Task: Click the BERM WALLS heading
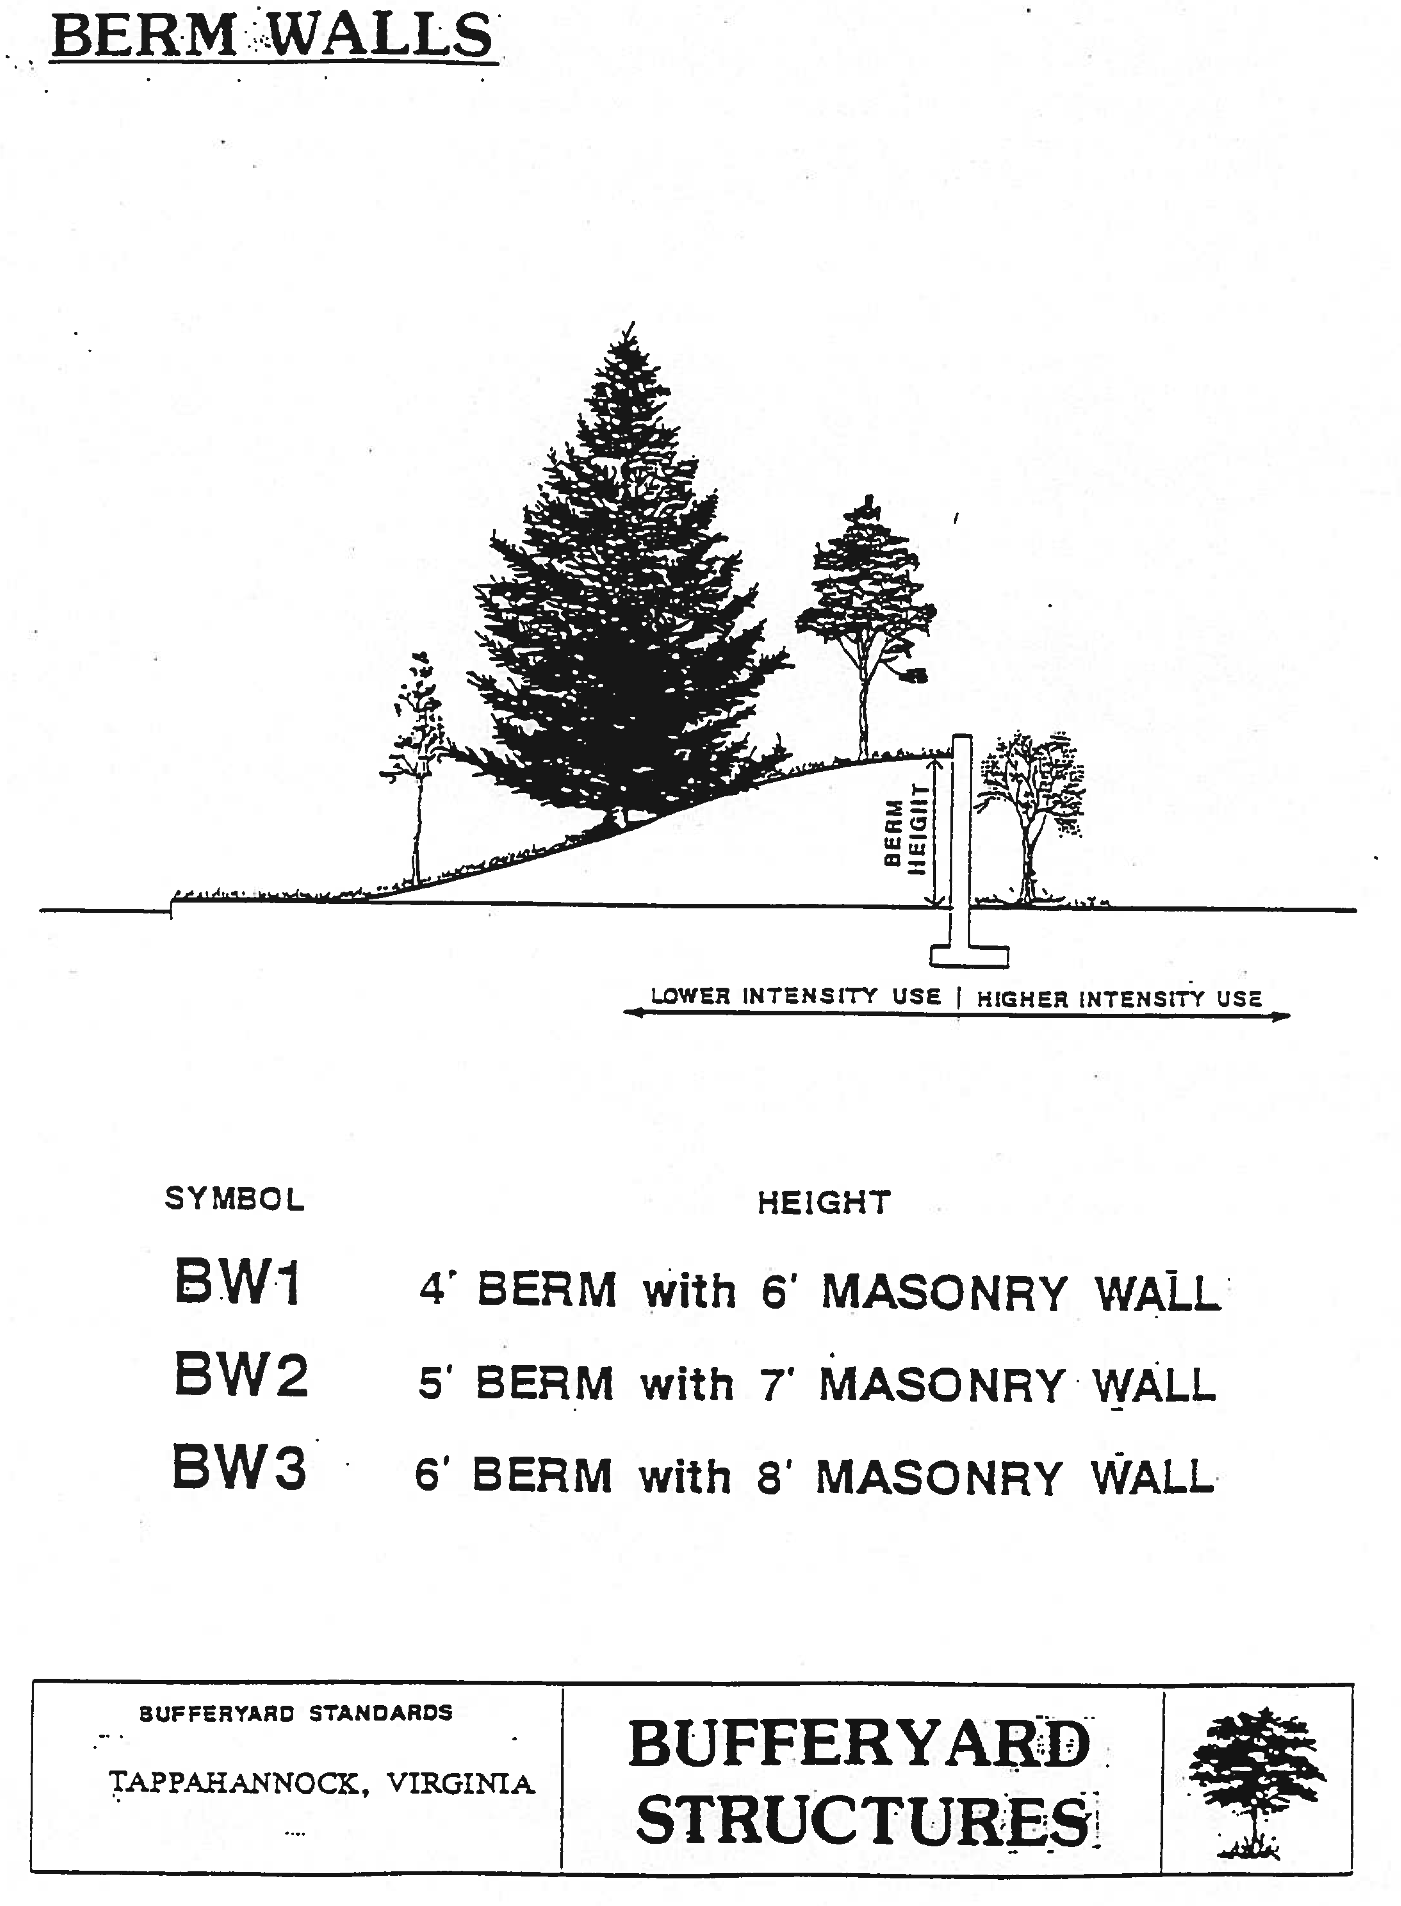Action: (271, 36)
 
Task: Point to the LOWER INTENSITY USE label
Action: (795, 996)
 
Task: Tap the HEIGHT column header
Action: (824, 1202)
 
